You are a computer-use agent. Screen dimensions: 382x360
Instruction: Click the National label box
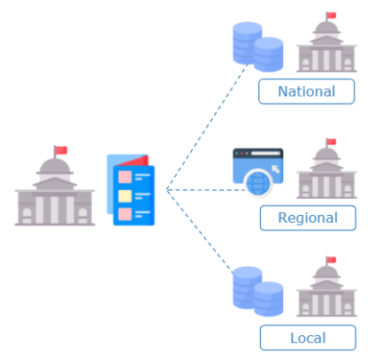pyautogui.click(x=306, y=91)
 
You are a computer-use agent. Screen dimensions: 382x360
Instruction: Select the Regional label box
pyautogui.click(x=308, y=218)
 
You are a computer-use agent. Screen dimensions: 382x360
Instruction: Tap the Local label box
pyautogui.click(x=308, y=338)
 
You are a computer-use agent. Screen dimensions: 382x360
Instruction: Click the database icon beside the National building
pyautogui.click(x=258, y=47)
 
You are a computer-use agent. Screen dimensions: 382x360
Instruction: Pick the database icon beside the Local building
pyautogui.click(x=258, y=291)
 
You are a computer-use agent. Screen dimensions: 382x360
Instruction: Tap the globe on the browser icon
pyautogui.click(x=258, y=183)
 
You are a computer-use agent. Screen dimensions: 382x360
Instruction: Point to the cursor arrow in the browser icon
pyautogui.click(x=276, y=169)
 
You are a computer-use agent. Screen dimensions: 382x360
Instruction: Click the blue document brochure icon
pyautogui.click(x=131, y=190)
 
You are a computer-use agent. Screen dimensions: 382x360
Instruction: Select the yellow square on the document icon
pyautogui.click(x=125, y=196)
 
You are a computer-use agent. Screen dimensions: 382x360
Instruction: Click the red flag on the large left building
pyautogui.click(x=61, y=150)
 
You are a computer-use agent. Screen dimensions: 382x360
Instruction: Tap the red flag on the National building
pyautogui.click(x=332, y=15)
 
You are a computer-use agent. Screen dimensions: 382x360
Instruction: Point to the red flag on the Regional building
pyautogui.click(x=332, y=142)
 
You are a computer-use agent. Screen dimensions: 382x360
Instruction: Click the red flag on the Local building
pyautogui.click(x=332, y=259)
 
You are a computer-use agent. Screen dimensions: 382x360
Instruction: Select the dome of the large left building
pyautogui.click(x=55, y=165)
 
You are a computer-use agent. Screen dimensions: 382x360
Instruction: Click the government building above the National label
pyautogui.click(x=326, y=42)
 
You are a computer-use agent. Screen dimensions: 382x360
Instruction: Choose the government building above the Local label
pyautogui.click(x=326, y=287)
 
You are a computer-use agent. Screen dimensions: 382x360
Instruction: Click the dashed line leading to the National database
pyautogui.click(x=207, y=126)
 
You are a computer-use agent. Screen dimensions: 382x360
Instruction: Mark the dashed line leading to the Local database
pyautogui.click(x=199, y=230)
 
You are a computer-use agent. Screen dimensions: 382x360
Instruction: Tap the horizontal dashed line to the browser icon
pyautogui.click(x=206, y=190)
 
